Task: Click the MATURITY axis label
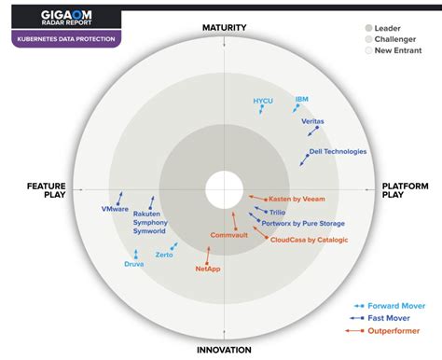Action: pos(224,28)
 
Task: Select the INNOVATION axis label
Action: pos(224,350)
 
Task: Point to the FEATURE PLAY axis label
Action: pos(45,191)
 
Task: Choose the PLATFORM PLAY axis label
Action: pos(406,191)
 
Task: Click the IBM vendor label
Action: pos(301,99)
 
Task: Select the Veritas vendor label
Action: pos(313,121)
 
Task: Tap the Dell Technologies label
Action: pos(338,151)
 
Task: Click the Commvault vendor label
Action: pos(228,235)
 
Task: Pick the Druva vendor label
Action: pos(134,264)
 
